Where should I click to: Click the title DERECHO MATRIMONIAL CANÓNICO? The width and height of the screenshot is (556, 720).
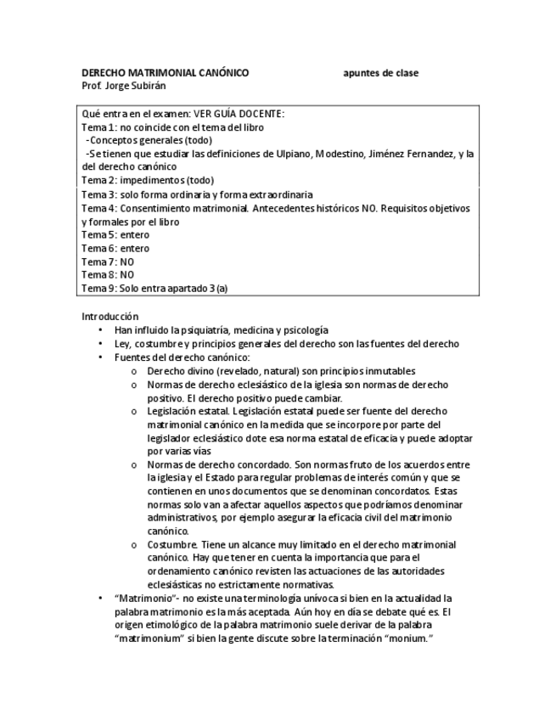(x=165, y=73)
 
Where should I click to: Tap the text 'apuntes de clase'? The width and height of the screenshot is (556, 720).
(x=380, y=73)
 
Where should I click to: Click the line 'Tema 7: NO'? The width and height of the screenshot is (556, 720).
(x=108, y=262)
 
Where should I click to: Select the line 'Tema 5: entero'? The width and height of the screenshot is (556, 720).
(x=115, y=235)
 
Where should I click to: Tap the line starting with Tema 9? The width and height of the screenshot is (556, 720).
(x=154, y=289)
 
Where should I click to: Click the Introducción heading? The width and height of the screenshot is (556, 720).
(x=110, y=316)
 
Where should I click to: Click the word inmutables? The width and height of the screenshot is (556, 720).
(x=387, y=371)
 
